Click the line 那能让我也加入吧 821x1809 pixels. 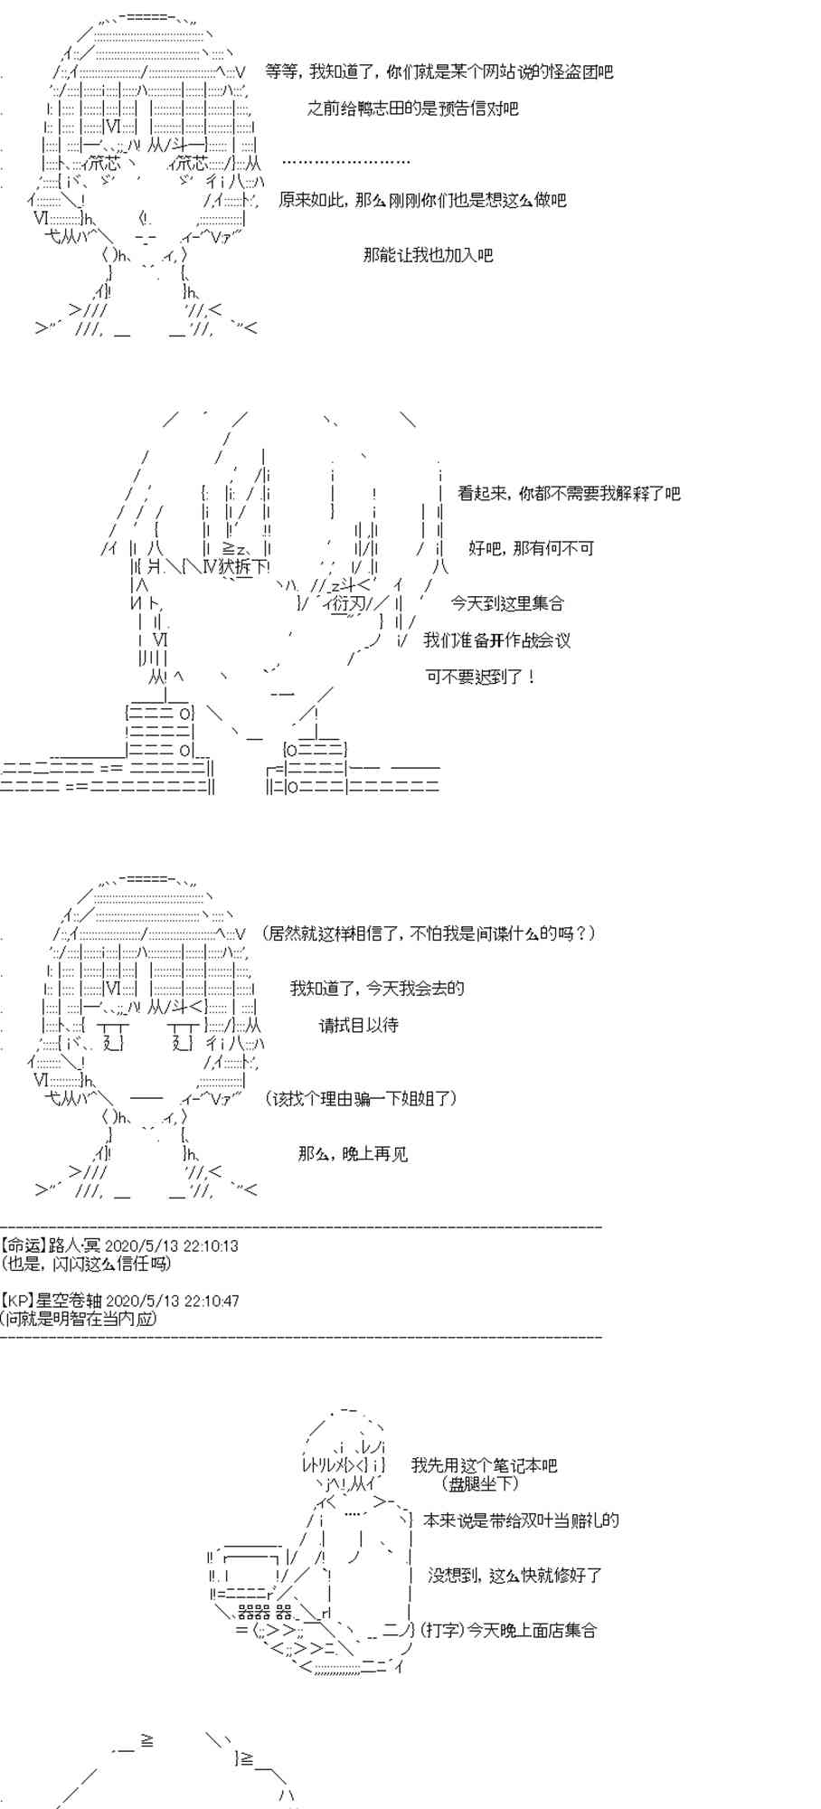pyautogui.click(x=428, y=255)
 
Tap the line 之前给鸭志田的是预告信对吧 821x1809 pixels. pyautogui.click(x=413, y=109)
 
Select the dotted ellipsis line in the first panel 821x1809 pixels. pyautogui.click(x=346, y=162)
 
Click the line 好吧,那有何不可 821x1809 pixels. pyautogui.click(x=531, y=548)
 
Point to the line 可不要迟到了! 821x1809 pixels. pyautogui.click(x=481, y=677)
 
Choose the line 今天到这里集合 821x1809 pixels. pyautogui.click(x=507, y=602)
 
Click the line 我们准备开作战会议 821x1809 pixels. pyautogui.click(x=497, y=640)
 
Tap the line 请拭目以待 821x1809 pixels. pyautogui.click(x=358, y=1026)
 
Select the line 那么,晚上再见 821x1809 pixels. pyautogui.click(x=353, y=1154)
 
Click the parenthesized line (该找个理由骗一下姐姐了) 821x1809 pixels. pyautogui.click(x=362, y=1099)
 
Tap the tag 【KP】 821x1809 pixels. pyautogui.click(x=17, y=1301)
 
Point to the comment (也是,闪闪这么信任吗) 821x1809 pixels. pyautogui.click(x=86, y=1264)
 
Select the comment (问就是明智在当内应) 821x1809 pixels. pyautogui.click(x=80, y=1318)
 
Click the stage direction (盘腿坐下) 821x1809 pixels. pyautogui.click(x=481, y=1483)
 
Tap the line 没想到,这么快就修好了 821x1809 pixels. pyautogui.click(x=514, y=1576)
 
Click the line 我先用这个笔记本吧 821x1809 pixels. pyautogui.click(x=484, y=1465)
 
